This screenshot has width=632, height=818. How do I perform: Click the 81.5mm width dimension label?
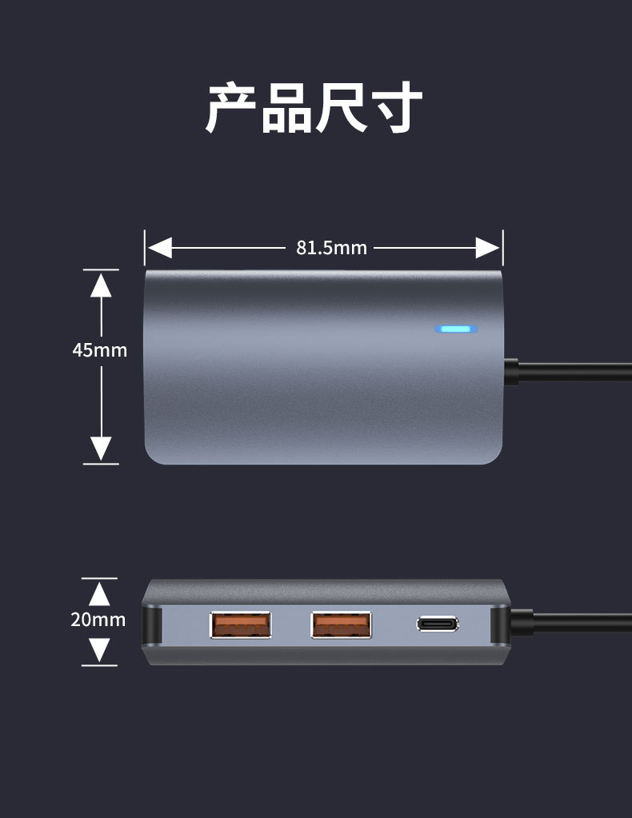click(x=331, y=248)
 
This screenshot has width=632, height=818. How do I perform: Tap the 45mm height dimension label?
click(x=100, y=350)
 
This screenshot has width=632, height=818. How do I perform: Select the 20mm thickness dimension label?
click(x=98, y=620)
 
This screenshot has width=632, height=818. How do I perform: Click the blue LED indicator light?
click(x=456, y=329)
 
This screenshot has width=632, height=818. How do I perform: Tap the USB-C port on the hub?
click(x=438, y=624)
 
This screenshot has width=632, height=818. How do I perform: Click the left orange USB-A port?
click(x=241, y=624)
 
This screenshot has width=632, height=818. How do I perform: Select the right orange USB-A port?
click(x=342, y=624)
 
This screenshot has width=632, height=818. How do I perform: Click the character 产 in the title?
click(x=231, y=107)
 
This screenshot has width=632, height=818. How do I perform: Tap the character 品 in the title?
click(x=286, y=107)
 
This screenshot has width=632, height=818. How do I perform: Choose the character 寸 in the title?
click(x=395, y=107)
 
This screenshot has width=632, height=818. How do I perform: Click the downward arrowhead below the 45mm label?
click(x=101, y=448)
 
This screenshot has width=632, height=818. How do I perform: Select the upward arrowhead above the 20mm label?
click(x=99, y=593)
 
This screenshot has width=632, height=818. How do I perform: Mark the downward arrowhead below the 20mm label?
click(x=99, y=649)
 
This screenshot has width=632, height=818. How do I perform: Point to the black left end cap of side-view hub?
click(x=150, y=624)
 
